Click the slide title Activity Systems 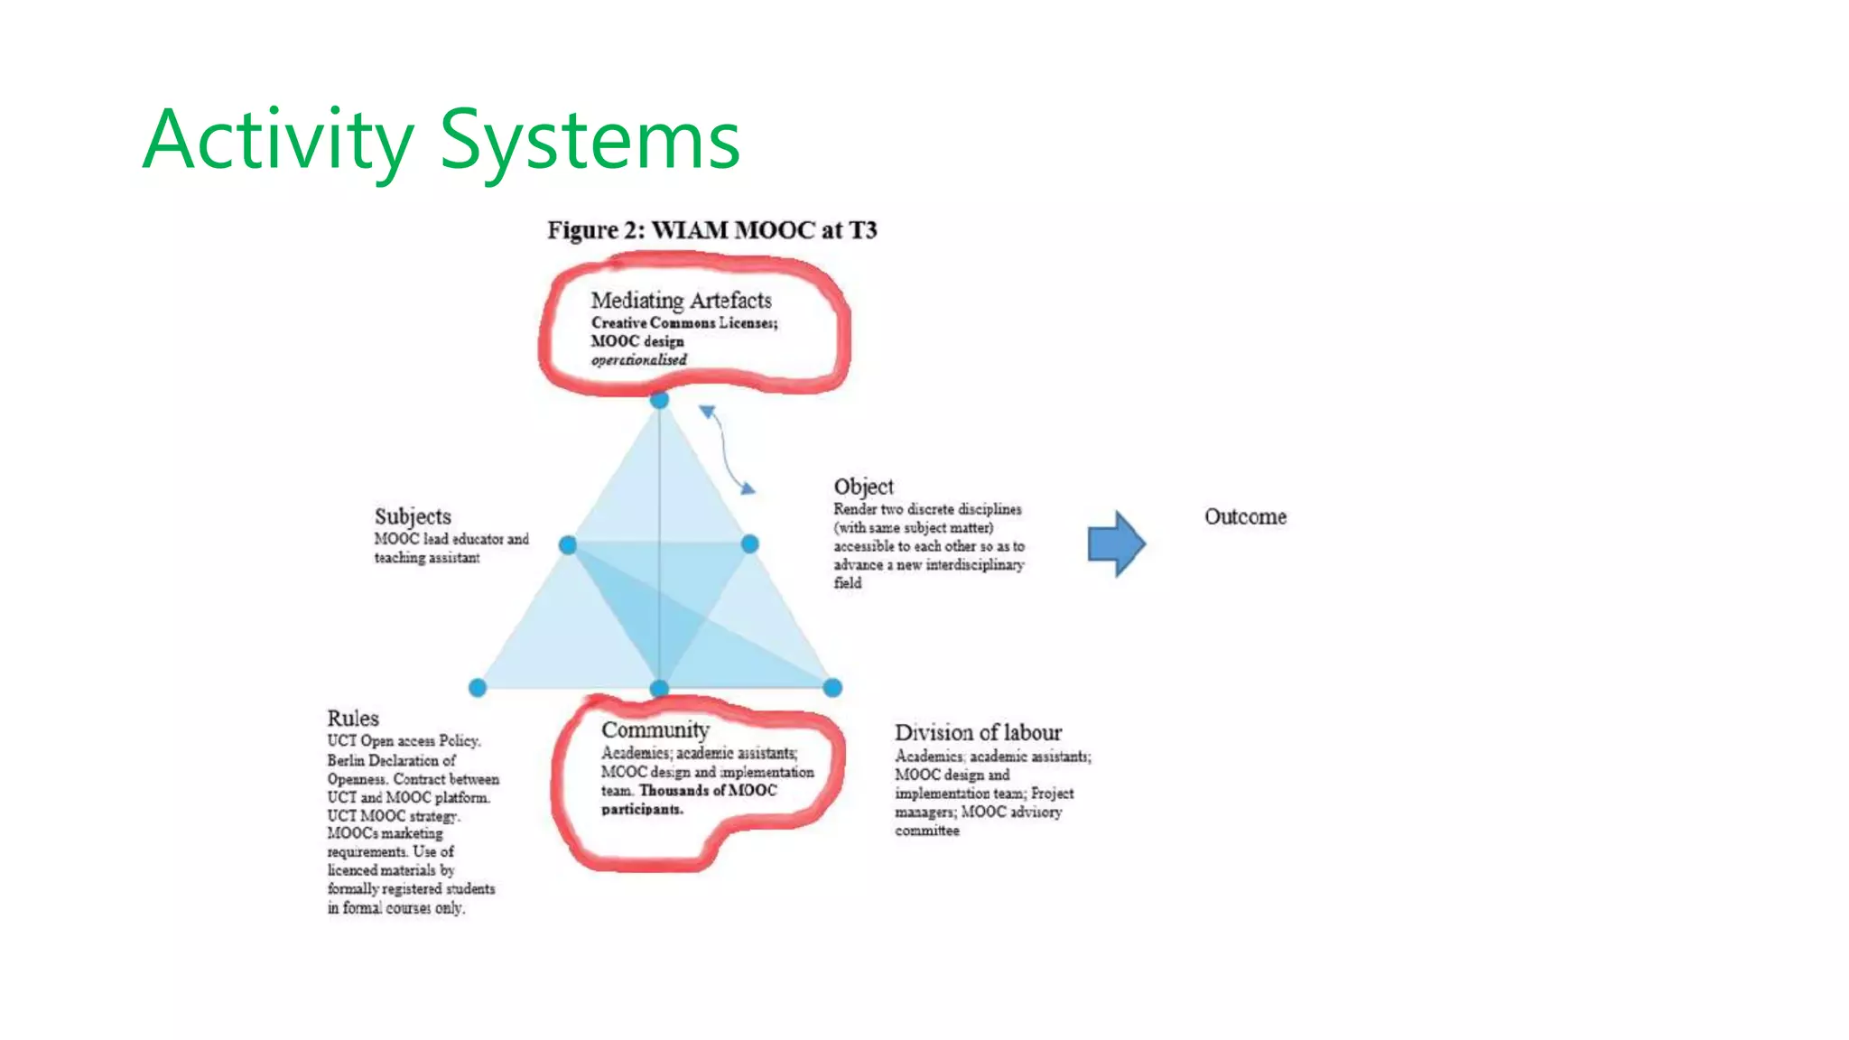click(441, 140)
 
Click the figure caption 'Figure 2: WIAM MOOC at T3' click(711, 230)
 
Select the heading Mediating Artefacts click(681, 300)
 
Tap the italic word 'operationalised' click(638, 360)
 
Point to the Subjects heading click(413, 516)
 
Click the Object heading click(863, 487)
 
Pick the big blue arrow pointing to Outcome click(1116, 543)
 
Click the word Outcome click(1245, 516)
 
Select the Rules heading click(353, 719)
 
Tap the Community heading click(655, 729)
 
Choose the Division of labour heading click(978, 732)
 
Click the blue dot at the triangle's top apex click(660, 400)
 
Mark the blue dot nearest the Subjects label click(568, 544)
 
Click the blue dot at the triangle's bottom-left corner click(478, 688)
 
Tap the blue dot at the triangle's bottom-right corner click(832, 688)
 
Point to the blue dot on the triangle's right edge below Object click(750, 543)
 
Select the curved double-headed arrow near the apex click(727, 450)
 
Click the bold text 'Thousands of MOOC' click(708, 791)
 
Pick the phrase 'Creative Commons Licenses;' click(684, 323)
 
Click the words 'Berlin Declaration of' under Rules click(391, 760)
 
